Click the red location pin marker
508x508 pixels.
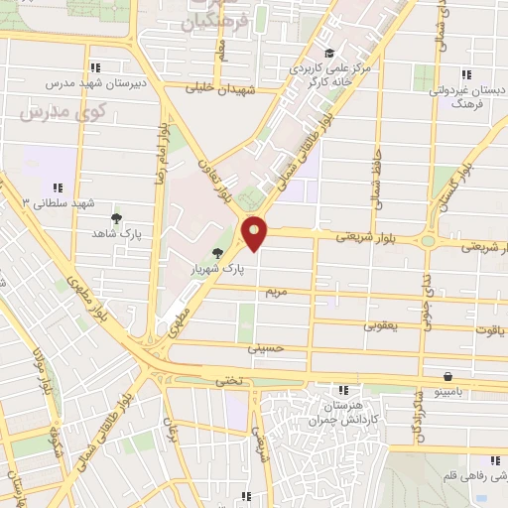point(255,232)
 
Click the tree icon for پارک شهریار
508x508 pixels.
point(217,253)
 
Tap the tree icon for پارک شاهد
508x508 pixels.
point(116,218)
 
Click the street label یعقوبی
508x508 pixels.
point(379,323)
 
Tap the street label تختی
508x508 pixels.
point(228,379)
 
